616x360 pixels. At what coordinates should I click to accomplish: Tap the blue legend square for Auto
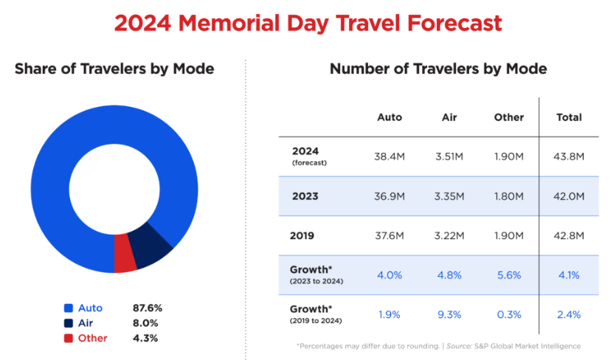[x=69, y=308]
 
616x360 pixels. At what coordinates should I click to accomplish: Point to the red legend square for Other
[x=69, y=338]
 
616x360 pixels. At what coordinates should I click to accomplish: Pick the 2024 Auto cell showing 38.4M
[x=390, y=156]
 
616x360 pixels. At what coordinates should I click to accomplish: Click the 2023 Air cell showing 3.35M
[x=449, y=196]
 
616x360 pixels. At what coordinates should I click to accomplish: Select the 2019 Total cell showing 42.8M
[x=569, y=235]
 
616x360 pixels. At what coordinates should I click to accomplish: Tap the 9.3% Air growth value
[x=449, y=314]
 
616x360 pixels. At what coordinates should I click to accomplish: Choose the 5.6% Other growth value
[x=508, y=275]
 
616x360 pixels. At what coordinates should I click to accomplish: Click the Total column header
[x=569, y=117]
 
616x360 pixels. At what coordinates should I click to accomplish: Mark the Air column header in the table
[x=449, y=117]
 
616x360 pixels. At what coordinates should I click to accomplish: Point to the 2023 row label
[x=304, y=196]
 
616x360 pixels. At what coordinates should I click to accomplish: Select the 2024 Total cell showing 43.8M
[x=569, y=156]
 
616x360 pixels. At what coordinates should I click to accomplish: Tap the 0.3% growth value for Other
[x=508, y=314]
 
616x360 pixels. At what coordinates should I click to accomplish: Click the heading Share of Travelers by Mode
[x=114, y=69]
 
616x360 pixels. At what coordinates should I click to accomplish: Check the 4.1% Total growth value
[x=569, y=275]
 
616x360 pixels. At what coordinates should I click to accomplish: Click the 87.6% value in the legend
[x=146, y=308]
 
